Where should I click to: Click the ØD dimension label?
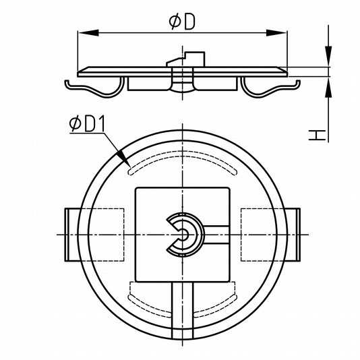point(182,22)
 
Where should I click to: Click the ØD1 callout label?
point(87,124)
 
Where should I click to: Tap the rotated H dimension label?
point(317,135)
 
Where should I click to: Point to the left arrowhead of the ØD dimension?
point(88,33)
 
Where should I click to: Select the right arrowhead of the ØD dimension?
point(276,33)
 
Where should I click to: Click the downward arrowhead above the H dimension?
point(328,57)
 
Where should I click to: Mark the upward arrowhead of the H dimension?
point(328,87)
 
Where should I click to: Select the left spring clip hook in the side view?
point(94,88)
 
